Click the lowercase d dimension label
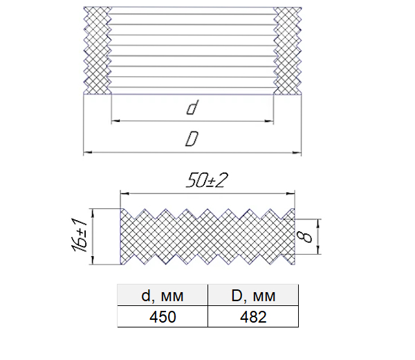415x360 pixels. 192,107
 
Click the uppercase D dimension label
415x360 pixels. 192,139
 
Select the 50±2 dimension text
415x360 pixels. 207,181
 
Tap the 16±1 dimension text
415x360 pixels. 79,235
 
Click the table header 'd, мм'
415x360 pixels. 163,296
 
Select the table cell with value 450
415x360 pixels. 163,316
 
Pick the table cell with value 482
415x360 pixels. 253,316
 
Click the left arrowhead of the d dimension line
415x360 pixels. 116,121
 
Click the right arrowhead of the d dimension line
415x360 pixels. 270,121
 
